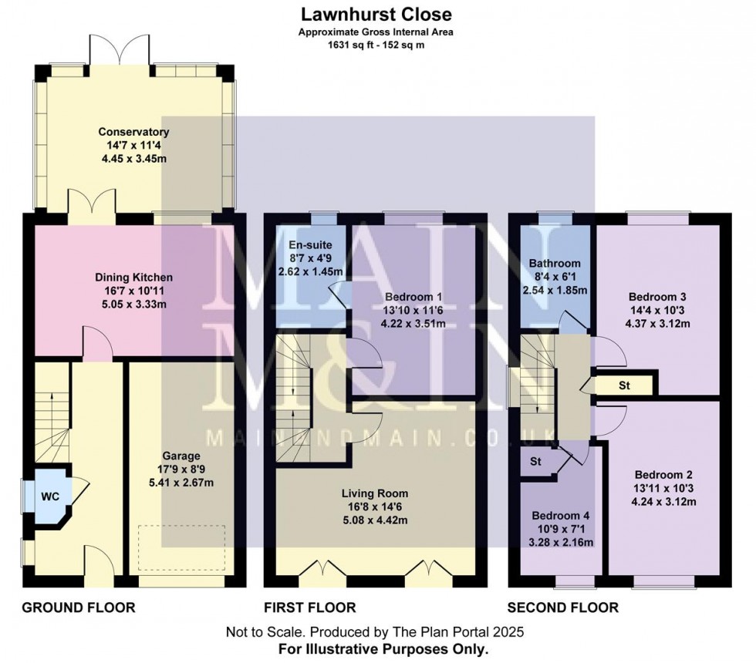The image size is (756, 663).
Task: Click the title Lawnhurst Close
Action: click(x=377, y=14)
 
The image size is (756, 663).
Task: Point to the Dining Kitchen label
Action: click(x=133, y=277)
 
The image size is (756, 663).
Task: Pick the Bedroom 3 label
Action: click(x=657, y=297)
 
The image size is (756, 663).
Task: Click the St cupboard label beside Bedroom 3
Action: click(x=624, y=384)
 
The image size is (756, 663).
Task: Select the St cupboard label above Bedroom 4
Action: click(x=535, y=463)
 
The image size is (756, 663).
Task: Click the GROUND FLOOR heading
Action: click(x=79, y=607)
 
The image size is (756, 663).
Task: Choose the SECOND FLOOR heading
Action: click(x=562, y=607)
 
